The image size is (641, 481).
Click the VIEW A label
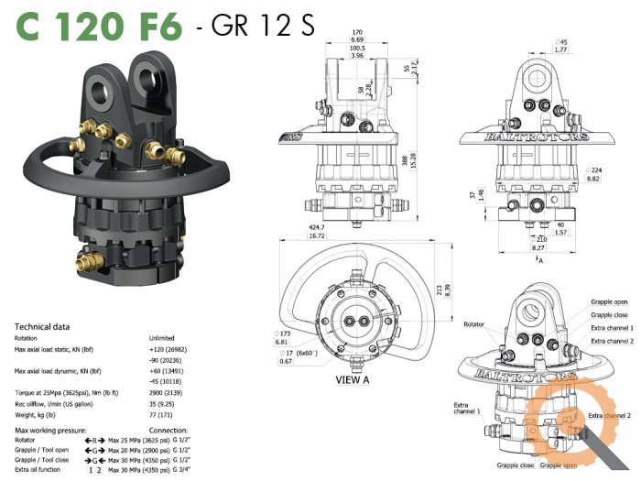(353, 378)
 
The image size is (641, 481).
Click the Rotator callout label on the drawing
(474, 324)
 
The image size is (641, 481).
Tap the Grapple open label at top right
(610, 301)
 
